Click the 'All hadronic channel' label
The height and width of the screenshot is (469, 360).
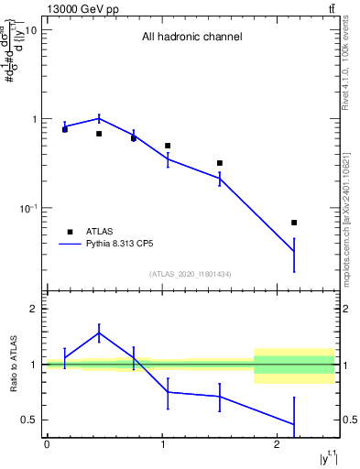(x=191, y=38)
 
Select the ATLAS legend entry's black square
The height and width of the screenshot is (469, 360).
(x=70, y=232)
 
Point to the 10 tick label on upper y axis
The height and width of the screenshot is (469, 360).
(x=29, y=30)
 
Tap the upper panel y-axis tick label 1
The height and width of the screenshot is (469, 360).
(x=34, y=120)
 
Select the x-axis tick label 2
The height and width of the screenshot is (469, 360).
(x=278, y=444)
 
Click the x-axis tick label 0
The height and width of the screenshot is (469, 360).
(x=47, y=444)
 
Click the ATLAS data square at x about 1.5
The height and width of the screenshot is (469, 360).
(x=220, y=163)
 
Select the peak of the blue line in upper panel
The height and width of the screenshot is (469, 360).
(x=99, y=117)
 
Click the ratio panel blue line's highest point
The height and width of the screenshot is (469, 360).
(x=99, y=333)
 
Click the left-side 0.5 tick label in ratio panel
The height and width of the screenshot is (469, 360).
(x=30, y=420)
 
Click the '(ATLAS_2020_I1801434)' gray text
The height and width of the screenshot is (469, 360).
(x=191, y=275)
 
